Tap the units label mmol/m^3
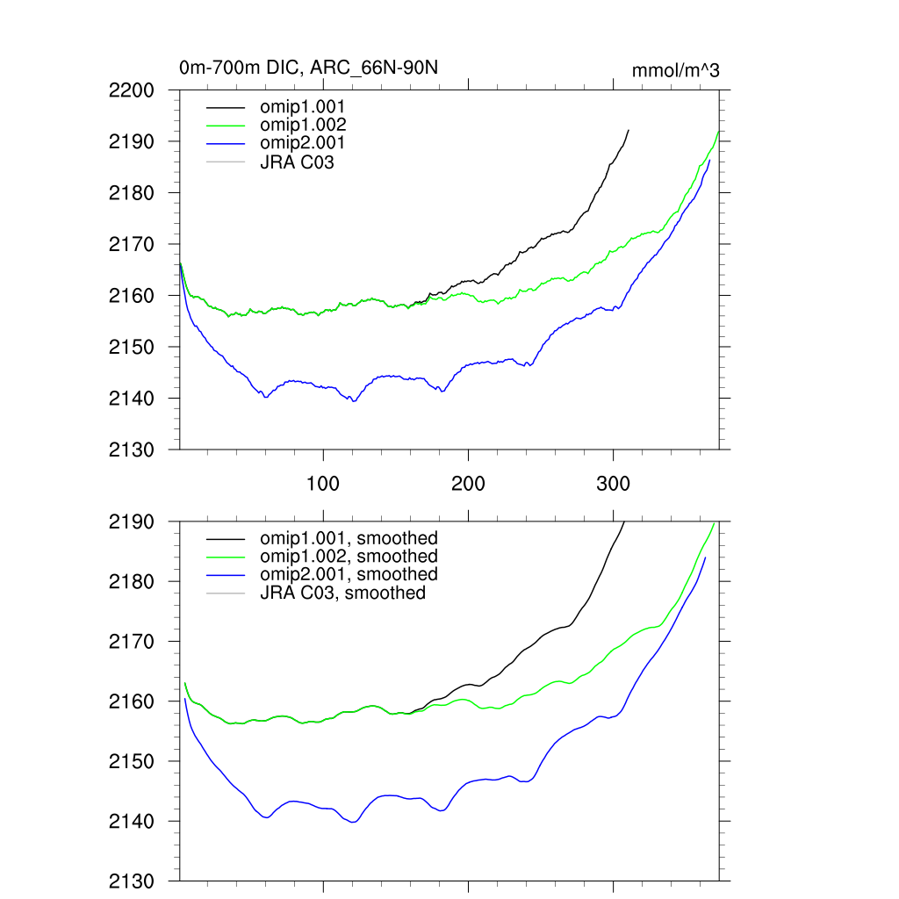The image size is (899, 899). click(675, 70)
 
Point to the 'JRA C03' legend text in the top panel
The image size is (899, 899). click(297, 161)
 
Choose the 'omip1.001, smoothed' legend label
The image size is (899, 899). click(349, 538)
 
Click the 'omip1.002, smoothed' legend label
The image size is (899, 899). click(349, 557)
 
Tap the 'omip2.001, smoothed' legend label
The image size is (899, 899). click(349, 574)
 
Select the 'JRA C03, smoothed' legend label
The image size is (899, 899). click(342, 593)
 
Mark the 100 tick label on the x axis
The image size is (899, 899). click(323, 485)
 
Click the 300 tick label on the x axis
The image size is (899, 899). click(613, 485)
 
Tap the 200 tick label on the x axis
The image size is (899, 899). click(468, 485)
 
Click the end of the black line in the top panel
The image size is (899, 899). click(629, 130)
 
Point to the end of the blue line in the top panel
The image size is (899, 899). click(709, 160)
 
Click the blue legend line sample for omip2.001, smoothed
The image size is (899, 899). click(226, 575)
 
